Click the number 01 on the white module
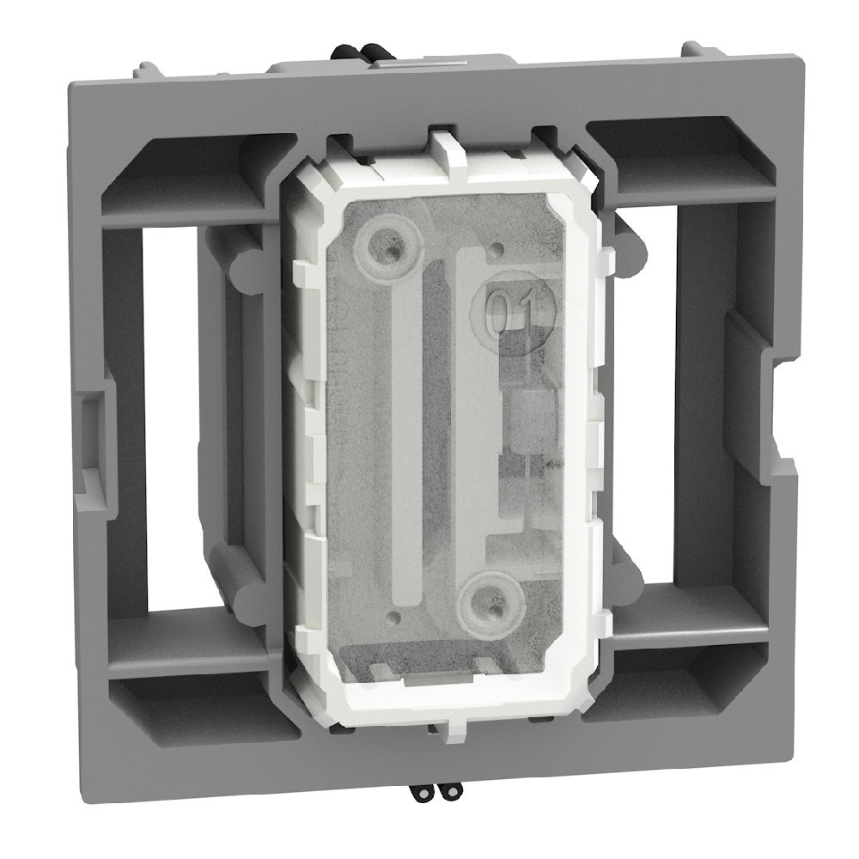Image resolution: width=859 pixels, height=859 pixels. coord(515,307)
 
